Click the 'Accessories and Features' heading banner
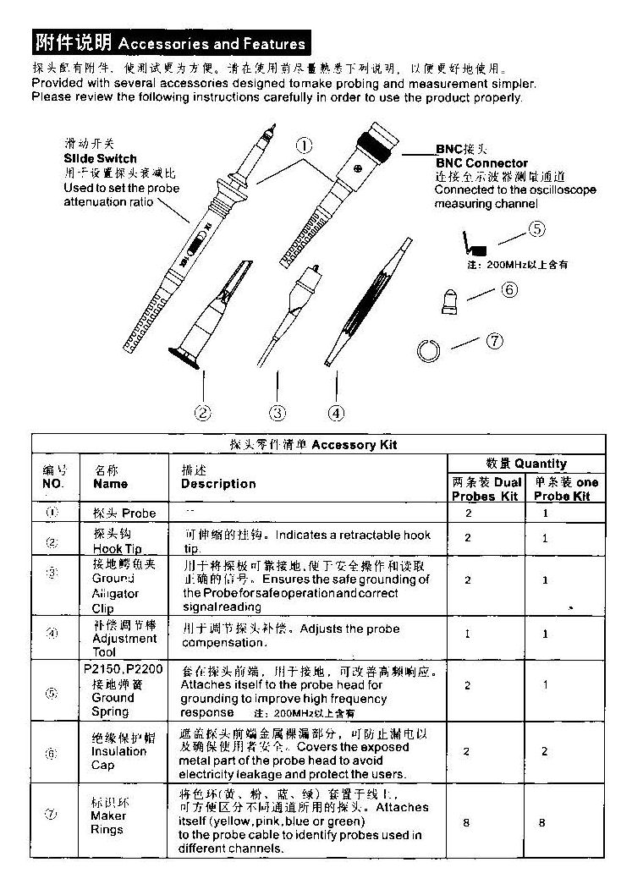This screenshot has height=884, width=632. click(x=169, y=42)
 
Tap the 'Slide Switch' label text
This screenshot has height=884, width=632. click(x=100, y=158)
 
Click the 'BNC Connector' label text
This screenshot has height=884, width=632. click(x=481, y=163)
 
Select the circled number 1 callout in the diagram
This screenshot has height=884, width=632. click(x=303, y=146)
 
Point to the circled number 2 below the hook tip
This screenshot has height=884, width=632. click(x=202, y=413)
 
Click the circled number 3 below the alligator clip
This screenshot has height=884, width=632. click(x=278, y=413)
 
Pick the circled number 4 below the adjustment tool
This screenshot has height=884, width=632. click(x=337, y=413)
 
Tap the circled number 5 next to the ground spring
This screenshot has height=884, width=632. click(x=537, y=228)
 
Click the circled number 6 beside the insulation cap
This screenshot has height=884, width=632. click(x=509, y=289)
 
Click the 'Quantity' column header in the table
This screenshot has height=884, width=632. click(x=526, y=464)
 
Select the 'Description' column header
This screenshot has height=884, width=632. click(x=218, y=484)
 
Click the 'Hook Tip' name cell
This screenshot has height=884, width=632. click(x=117, y=542)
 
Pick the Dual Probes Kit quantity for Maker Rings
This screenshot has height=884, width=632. click(x=467, y=821)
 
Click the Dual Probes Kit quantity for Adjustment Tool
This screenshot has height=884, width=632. click(x=467, y=634)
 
